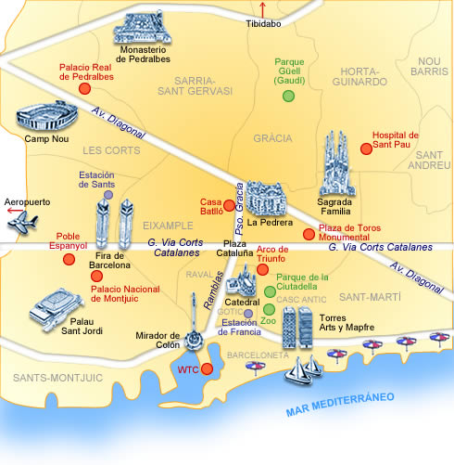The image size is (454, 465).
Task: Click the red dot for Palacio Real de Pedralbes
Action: (x=84, y=88)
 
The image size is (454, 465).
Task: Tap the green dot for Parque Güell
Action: (x=289, y=96)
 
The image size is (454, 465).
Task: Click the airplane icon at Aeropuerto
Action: (x=25, y=223)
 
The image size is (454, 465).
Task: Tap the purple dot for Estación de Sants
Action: (x=108, y=195)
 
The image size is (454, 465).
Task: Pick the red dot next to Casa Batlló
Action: (x=229, y=204)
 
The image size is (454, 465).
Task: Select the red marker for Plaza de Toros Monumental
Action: (x=309, y=234)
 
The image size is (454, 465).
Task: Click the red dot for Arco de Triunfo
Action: (x=262, y=270)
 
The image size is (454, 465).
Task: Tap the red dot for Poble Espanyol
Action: (x=69, y=260)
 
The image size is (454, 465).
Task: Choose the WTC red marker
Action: (x=207, y=369)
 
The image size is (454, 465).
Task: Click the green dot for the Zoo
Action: (x=269, y=309)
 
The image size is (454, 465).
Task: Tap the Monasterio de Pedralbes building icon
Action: (x=145, y=31)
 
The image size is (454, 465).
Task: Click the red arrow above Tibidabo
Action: (x=261, y=9)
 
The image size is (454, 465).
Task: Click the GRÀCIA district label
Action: (x=272, y=138)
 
